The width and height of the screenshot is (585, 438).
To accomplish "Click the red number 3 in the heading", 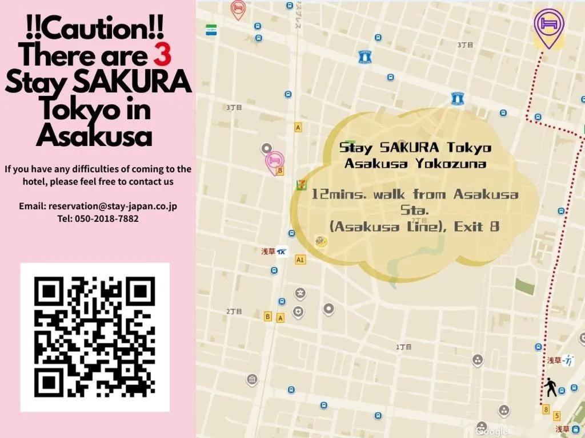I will [x=163, y=56].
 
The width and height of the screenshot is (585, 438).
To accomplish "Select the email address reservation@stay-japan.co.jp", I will [x=113, y=206].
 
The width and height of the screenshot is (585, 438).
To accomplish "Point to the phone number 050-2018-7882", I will [x=106, y=218].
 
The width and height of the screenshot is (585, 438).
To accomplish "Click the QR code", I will [x=95, y=337].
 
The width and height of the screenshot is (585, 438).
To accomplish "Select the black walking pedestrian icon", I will [x=551, y=387].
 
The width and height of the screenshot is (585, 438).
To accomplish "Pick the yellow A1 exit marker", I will [x=300, y=260].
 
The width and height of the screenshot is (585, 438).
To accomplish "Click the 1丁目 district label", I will [x=404, y=347].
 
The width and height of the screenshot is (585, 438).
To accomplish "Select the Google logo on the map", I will [x=492, y=432].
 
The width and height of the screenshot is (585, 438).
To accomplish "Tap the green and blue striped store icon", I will [x=212, y=30].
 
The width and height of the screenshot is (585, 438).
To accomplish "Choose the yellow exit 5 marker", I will [x=557, y=415].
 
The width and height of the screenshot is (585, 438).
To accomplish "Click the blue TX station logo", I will [x=282, y=252].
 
